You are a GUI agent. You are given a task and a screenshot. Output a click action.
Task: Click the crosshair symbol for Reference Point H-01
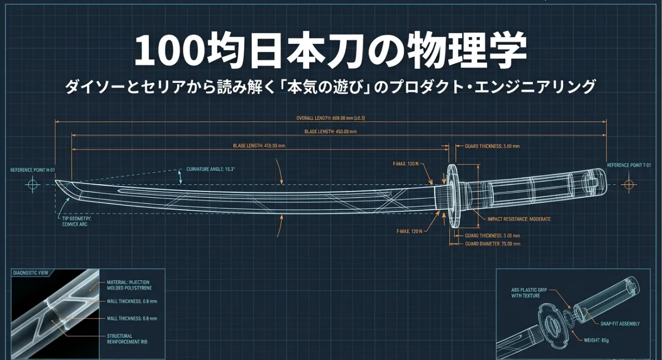[33, 185]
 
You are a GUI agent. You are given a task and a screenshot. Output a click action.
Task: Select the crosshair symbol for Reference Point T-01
[629, 185]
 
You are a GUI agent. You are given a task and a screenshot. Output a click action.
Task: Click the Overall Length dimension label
[330, 118]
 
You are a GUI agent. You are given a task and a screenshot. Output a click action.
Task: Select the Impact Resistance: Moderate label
[519, 219]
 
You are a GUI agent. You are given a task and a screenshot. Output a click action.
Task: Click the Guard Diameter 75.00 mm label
[492, 243]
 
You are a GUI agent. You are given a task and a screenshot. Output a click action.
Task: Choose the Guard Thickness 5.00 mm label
[492, 236]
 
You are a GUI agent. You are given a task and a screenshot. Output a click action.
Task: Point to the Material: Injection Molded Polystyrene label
[130, 285]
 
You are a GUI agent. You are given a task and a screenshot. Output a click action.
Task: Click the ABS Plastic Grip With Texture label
[525, 292]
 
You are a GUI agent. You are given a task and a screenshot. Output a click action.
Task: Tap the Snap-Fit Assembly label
[620, 324]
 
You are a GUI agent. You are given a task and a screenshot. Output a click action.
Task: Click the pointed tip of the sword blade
[56, 182]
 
